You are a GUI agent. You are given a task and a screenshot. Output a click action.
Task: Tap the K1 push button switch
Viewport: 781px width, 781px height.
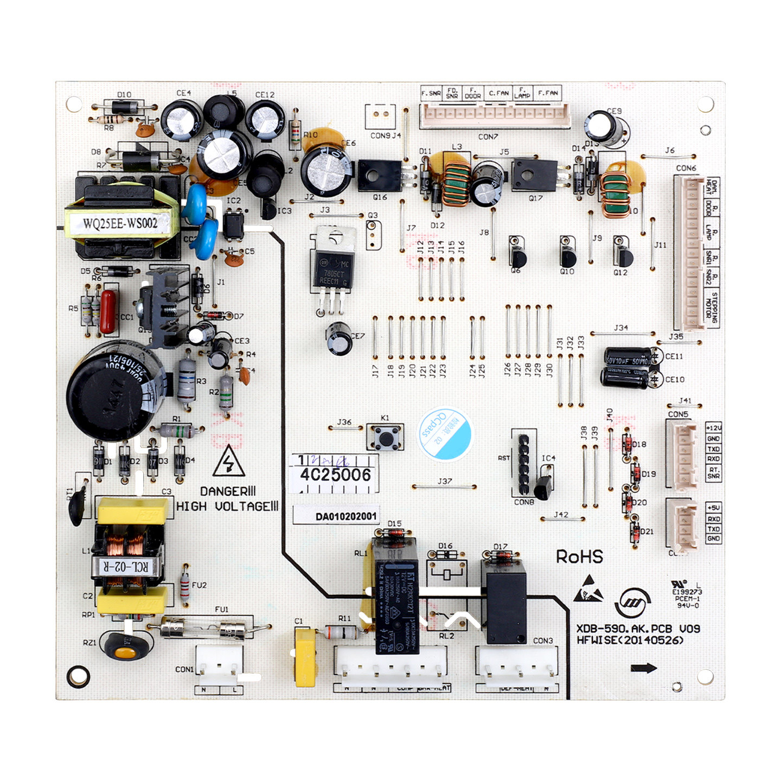[x=386, y=437]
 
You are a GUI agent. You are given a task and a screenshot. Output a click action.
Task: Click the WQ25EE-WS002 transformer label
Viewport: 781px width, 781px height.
[x=120, y=223]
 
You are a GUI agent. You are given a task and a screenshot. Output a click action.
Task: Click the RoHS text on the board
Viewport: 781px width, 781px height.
[x=579, y=556]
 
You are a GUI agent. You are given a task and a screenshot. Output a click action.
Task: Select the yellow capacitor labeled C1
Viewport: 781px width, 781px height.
[x=305, y=657]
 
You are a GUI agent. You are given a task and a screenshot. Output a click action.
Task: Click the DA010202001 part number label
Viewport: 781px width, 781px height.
[x=336, y=516]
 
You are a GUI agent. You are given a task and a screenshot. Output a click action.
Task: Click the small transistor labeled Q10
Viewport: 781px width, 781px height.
[x=567, y=255]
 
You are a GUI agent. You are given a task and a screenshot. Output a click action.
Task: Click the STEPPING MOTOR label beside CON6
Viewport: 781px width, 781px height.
[x=714, y=308]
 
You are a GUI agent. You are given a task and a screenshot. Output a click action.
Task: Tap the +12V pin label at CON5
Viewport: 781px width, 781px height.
[x=713, y=428]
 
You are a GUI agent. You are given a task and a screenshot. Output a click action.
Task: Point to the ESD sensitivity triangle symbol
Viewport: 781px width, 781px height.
[x=588, y=589]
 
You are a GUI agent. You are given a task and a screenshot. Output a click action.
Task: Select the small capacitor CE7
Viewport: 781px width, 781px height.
[x=340, y=338]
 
